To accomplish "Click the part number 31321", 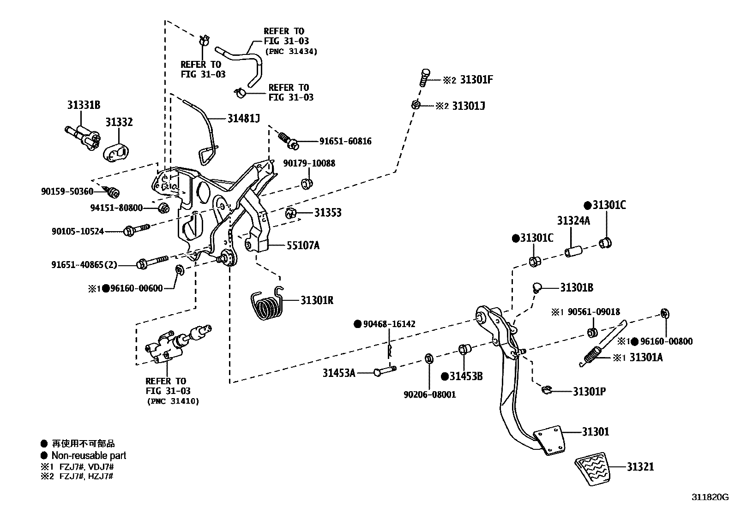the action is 640,466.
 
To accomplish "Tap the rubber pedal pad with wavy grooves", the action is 593,468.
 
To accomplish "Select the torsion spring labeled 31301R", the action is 267,303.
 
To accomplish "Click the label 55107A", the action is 303,245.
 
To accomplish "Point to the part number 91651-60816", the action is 345,141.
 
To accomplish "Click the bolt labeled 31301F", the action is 425,78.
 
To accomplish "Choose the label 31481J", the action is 243,119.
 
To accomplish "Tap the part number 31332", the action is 119,122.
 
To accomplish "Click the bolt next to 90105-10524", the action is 136,230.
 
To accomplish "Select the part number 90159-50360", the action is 67,191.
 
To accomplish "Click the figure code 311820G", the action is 710,497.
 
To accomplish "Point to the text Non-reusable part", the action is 89,455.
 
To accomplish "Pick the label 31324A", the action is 573,221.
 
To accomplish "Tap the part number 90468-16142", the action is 389,324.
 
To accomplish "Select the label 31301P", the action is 589,392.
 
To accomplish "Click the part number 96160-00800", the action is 666,341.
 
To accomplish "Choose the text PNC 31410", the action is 173,401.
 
